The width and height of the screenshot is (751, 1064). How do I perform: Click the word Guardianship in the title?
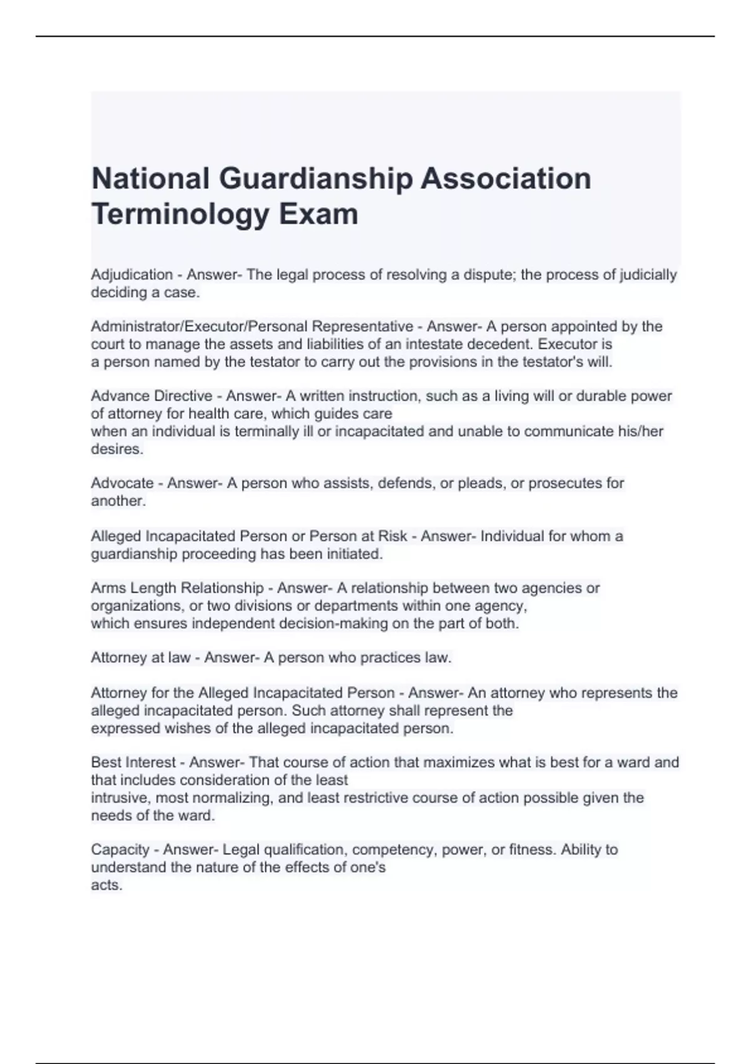pyautogui.click(x=316, y=179)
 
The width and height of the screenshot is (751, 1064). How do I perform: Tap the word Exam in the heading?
pyautogui.click(x=319, y=214)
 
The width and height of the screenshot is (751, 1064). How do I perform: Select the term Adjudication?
pyautogui.click(x=131, y=275)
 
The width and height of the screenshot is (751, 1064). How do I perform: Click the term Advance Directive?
pyautogui.click(x=151, y=396)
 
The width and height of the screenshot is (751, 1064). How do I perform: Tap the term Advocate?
pyautogui.click(x=122, y=483)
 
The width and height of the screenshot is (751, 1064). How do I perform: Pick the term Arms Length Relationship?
pyautogui.click(x=177, y=588)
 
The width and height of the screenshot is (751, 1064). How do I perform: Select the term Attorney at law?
pyautogui.click(x=141, y=658)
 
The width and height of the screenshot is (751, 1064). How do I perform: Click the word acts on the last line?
pyautogui.click(x=106, y=885)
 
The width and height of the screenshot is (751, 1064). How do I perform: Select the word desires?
pyautogui.click(x=116, y=449)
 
